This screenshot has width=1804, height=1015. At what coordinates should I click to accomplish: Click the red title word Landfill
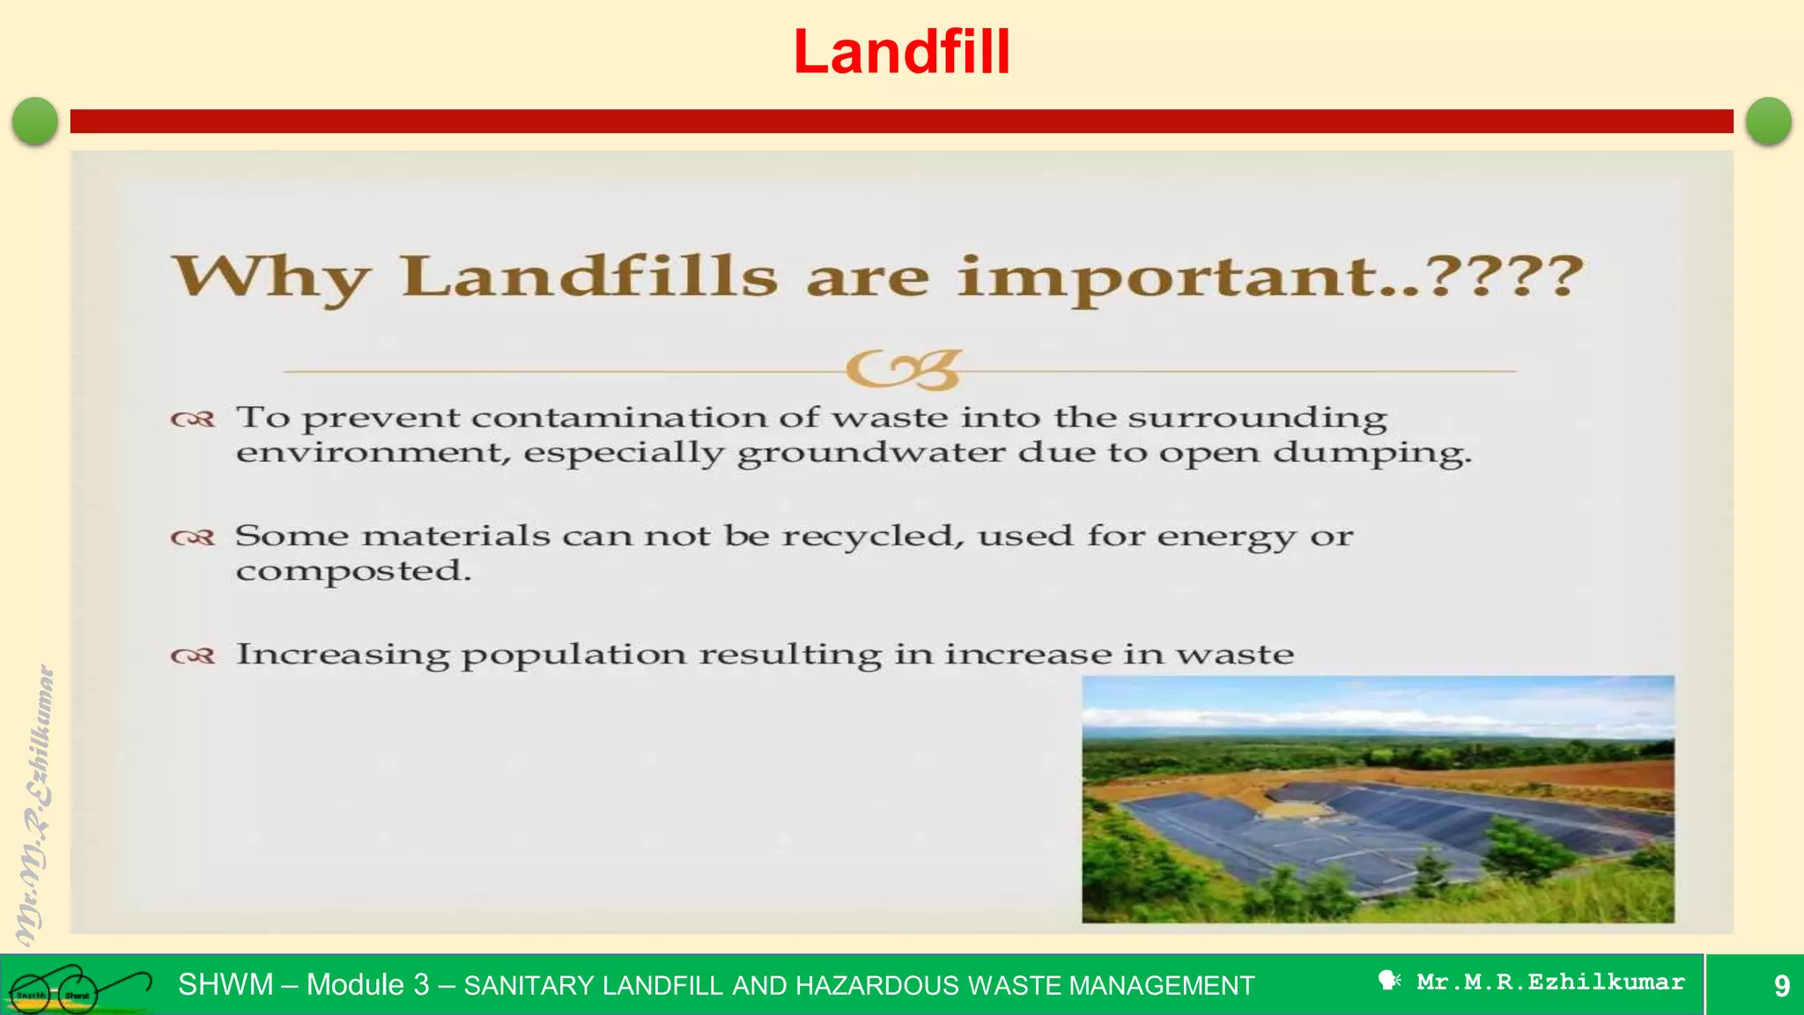pyautogui.click(x=901, y=52)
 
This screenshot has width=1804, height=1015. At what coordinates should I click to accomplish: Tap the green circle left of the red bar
pyautogui.click(x=35, y=121)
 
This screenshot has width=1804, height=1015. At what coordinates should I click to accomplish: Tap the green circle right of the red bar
pyautogui.click(x=1768, y=121)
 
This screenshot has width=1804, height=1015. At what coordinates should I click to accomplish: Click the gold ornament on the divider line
pyautogui.click(x=903, y=370)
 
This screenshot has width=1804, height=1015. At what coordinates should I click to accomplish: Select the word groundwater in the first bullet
pyautogui.click(x=871, y=453)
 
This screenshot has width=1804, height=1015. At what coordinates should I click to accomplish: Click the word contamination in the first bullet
pyautogui.click(x=620, y=418)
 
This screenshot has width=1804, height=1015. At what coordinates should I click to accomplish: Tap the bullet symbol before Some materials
pyautogui.click(x=193, y=537)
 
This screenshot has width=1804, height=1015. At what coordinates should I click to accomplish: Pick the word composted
pyautogui.click(x=352, y=571)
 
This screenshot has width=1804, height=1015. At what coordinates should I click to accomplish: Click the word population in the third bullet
pyautogui.click(x=573, y=655)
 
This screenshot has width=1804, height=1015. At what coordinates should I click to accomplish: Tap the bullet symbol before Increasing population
pyautogui.click(x=193, y=656)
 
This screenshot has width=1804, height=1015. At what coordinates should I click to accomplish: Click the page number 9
pyautogui.click(x=1781, y=985)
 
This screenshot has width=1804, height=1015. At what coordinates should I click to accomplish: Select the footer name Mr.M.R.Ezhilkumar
pyautogui.click(x=1549, y=982)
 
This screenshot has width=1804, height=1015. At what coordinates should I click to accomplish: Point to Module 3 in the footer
pyautogui.click(x=367, y=984)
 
